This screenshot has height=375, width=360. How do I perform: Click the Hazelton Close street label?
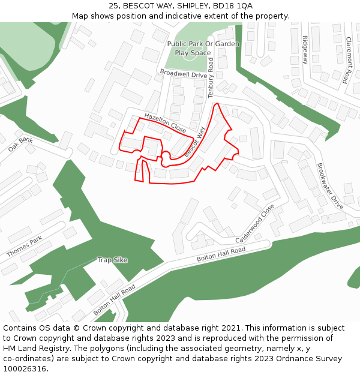165,122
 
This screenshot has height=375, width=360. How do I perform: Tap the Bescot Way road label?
196,142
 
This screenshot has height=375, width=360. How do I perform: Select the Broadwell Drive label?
183,74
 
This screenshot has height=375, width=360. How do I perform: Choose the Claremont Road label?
347,60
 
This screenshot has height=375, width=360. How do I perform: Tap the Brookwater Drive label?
329,185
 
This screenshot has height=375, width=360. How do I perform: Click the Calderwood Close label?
255,220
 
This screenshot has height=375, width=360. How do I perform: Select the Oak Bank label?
20,144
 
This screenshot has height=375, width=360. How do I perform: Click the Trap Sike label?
112,260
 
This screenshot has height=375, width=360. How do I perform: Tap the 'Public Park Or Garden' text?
203,44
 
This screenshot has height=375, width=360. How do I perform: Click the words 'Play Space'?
193,53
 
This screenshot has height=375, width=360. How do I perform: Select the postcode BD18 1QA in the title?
232,5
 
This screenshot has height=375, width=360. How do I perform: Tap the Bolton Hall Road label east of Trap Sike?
221,254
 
